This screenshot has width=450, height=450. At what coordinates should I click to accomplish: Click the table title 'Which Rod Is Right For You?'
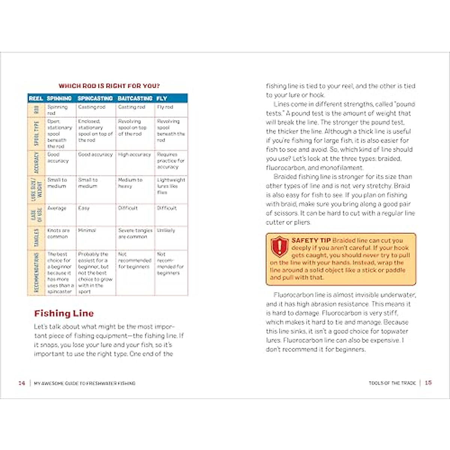click(x=109, y=86)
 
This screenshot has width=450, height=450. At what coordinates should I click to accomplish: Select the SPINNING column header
click(x=59, y=98)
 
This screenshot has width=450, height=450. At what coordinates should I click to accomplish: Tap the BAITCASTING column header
click(x=135, y=98)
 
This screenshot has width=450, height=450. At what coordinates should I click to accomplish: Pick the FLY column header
click(x=162, y=98)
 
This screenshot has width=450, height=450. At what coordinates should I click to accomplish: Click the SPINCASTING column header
click(x=95, y=98)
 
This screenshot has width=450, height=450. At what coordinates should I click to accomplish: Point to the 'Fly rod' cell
click(x=165, y=107)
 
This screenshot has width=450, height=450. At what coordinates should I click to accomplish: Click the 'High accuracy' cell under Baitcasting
click(x=134, y=154)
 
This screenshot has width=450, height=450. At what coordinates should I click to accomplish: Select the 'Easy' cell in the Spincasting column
click(x=84, y=208)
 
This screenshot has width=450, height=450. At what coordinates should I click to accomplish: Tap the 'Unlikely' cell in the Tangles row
click(x=166, y=230)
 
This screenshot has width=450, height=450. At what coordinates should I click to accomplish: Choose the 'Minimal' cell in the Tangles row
click(x=87, y=230)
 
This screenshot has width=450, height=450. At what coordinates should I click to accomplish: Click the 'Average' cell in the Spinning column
click(x=57, y=208)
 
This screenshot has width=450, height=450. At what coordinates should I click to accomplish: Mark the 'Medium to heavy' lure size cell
click(x=130, y=183)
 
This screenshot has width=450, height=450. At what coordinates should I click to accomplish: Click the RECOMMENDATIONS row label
click(x=36, y=273)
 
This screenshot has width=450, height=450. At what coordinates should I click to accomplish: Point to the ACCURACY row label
click(x=36, y=163)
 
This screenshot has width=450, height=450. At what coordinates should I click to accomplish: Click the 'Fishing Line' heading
click(x=64, y=313)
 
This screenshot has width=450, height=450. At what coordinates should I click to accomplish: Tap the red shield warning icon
click(x=279, y=246)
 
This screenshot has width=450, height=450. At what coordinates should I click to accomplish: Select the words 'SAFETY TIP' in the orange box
click(x=311, y=240)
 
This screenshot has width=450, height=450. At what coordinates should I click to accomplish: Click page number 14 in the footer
click(x=22, y=383)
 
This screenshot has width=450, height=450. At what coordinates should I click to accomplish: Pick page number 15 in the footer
click(x=428, y=383)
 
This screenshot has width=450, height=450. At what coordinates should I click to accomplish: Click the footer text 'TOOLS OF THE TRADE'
click(x=392, y=383)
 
